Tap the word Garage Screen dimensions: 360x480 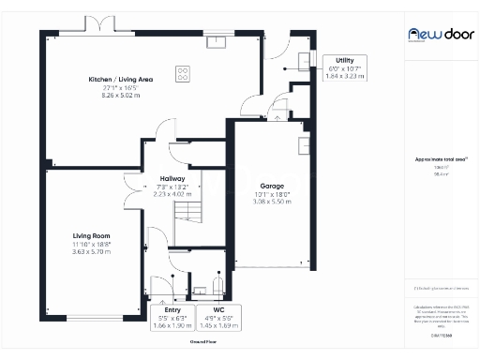point(272,186)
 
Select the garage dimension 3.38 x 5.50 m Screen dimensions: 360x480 point(272,202)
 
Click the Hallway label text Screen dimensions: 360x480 point(172,178)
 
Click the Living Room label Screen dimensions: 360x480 point(92,235)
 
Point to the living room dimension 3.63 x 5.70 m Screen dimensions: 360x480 point(92,251)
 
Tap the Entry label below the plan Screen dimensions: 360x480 point(172,309)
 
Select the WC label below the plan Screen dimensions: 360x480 point(218,309)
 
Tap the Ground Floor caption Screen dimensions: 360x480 point(203,341)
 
